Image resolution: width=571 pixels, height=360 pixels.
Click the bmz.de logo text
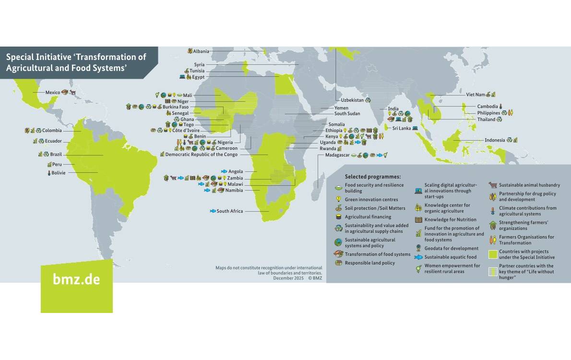76,280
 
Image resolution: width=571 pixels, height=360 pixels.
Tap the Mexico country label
52,92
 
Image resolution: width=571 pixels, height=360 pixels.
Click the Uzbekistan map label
352,100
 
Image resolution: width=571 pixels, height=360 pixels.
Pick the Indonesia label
494,140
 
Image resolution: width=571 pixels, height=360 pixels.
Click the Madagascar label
337,155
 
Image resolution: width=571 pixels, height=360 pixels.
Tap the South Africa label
229,211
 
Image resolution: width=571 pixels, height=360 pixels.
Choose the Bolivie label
58,173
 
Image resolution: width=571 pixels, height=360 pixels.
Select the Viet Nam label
476,95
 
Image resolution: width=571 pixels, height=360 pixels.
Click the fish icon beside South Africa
213,211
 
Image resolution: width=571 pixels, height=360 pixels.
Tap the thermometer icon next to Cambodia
500,107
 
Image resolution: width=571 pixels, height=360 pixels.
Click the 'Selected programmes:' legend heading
372,177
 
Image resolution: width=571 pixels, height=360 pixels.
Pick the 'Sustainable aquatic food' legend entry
444,257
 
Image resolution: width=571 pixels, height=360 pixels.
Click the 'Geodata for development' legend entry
451,248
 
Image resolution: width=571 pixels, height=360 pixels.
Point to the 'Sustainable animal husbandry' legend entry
529,185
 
